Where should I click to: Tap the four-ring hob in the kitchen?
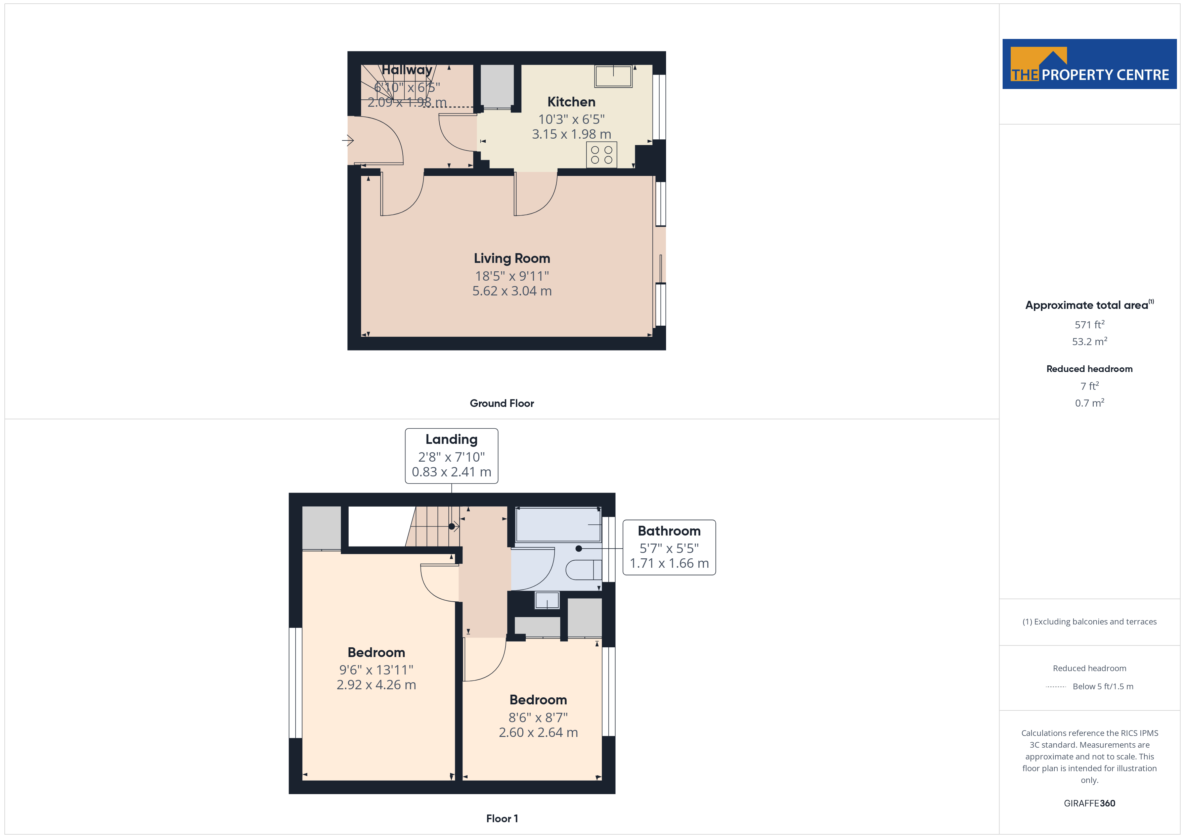click(601, 155)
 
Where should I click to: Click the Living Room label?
click(512, 258)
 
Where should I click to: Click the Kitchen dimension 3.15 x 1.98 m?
click(571, 134)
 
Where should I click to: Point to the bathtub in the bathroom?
click(559, 524)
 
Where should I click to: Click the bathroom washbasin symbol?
click(547, 601)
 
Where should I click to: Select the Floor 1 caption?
click(502, 819)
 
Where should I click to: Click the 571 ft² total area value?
click(1090, 325)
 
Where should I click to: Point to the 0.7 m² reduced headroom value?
click(1090, 403)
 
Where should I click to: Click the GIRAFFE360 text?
click(1090, 803)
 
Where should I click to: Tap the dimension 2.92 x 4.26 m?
click(376, 685)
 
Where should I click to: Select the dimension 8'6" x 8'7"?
click(538, 717)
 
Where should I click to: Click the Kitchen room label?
click(571, 102)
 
